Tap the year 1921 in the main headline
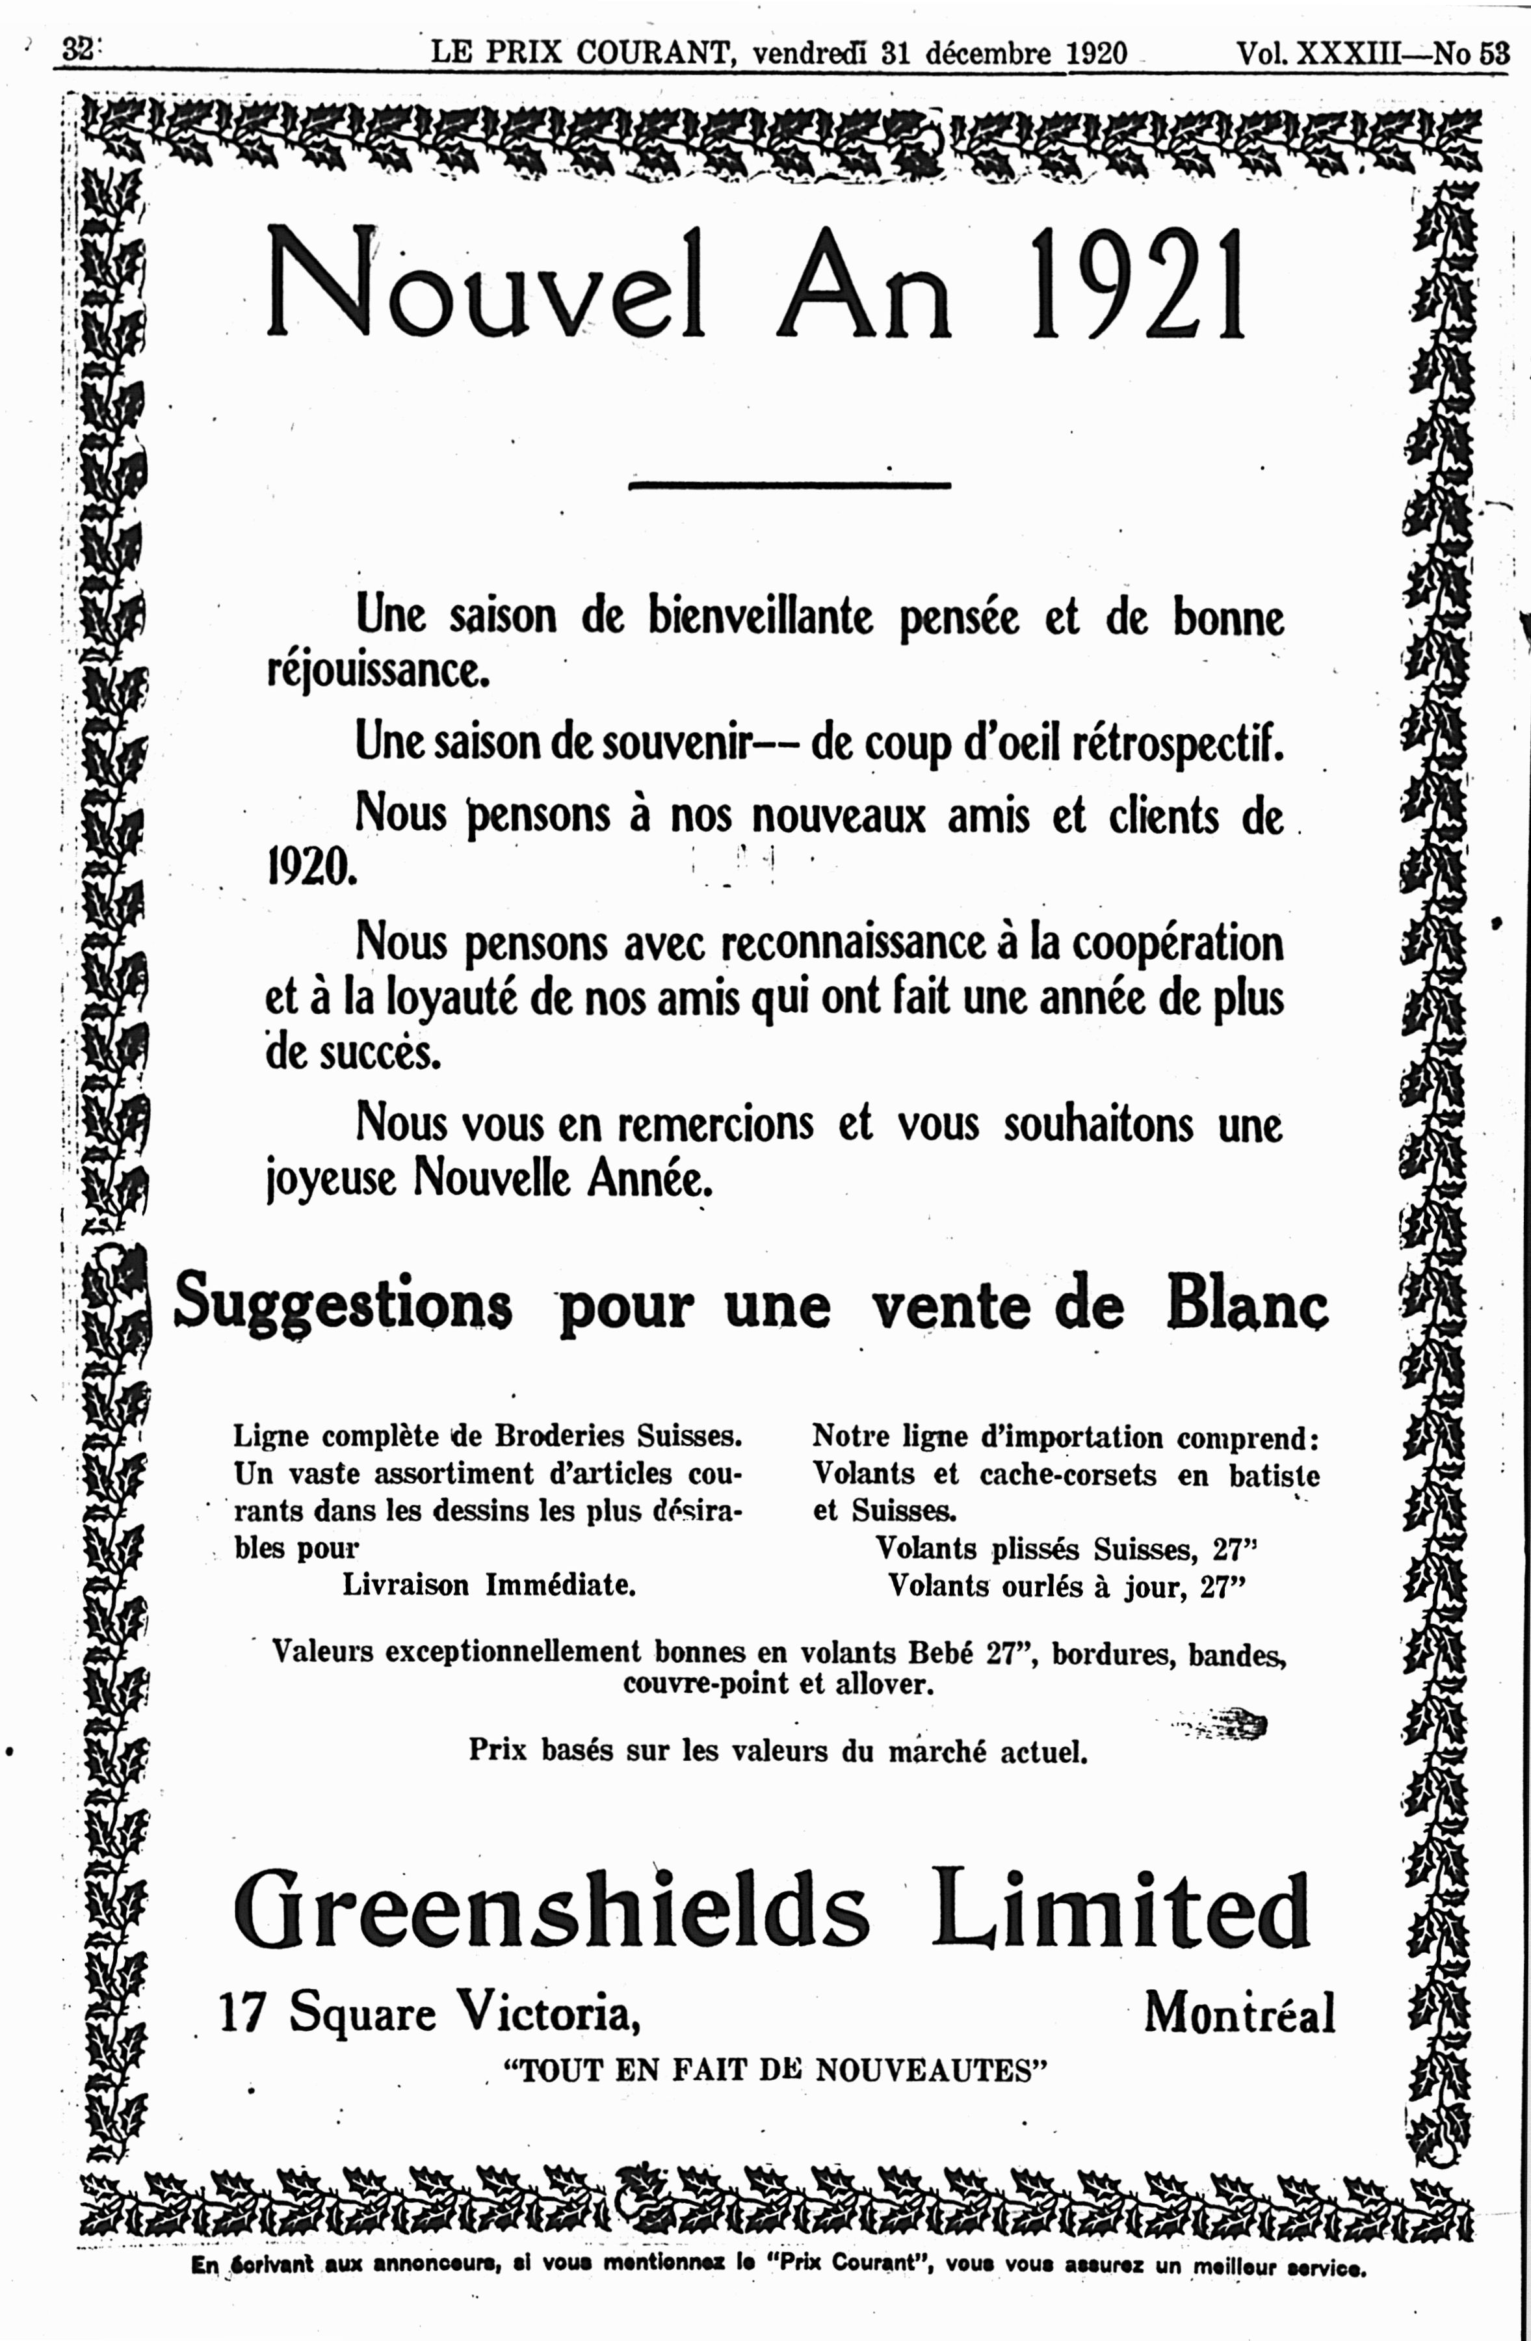(1139, 284)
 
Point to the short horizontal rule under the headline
(790, 485)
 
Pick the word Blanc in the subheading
(1247, 1304)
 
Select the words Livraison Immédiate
(489, 1585)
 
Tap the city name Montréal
(1239, 2013)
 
